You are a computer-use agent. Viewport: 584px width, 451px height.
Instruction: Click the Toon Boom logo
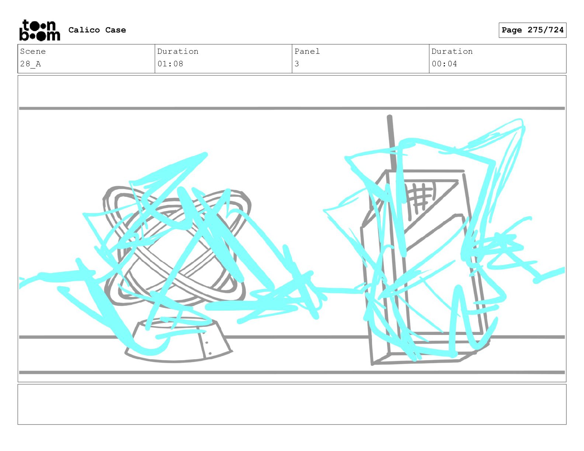[40, 30]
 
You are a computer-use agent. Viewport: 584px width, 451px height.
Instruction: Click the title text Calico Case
[97, 30]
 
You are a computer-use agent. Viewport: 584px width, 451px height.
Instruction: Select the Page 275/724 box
[532, 30]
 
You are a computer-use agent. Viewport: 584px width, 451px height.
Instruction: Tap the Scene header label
[33, 51]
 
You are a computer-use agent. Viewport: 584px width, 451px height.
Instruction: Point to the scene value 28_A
[30, 64]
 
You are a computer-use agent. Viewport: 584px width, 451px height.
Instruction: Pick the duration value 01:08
[170, 64]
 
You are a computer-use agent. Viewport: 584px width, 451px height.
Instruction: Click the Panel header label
[307, 51]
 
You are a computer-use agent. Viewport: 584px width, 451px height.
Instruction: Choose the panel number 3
[297, 64]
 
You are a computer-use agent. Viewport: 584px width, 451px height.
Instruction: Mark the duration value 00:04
[444, 64]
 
